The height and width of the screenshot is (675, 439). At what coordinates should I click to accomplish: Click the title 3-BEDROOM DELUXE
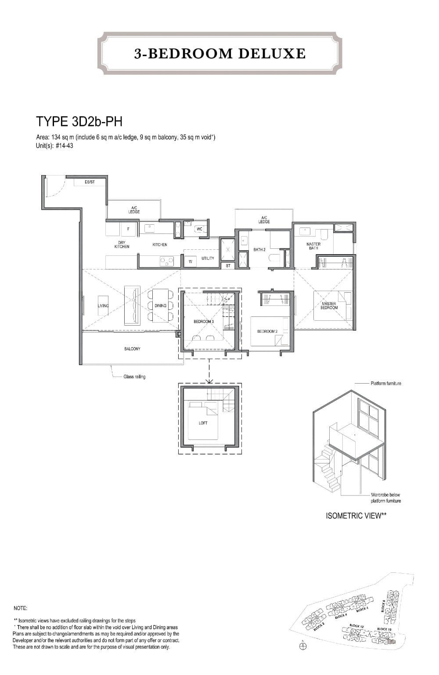(x=220, y=54)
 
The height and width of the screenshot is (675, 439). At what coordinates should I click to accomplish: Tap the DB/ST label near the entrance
(x=90, y=182)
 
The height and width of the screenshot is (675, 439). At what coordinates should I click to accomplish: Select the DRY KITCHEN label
(x=122, y=245)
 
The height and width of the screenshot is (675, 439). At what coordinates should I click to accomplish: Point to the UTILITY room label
(x=208, y=259)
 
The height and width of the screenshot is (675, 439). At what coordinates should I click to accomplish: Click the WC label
(x=199, y=229)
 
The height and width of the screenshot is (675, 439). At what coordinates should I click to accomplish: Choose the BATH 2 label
(x=259, y=250)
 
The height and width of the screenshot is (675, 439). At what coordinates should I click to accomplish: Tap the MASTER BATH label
(x=313, y=246)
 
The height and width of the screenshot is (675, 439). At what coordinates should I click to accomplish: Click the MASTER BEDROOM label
(x=329, y=306)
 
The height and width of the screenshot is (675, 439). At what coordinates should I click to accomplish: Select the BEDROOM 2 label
(x=267, y=331)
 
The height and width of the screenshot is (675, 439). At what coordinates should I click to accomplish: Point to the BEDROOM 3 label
(x=203, y=322)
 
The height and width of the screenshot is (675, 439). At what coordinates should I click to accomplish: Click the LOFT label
(x=203, y=423)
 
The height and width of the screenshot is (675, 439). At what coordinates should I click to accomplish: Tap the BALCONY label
(x=132, y=349)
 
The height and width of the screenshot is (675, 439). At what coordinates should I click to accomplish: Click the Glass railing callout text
(x=134, y=377)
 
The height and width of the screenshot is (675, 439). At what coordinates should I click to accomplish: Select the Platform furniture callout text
(x=386, y=383)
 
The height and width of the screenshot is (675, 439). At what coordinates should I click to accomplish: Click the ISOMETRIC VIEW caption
(x=356, y=516)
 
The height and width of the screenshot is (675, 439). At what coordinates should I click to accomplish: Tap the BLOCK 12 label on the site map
(x=356, y=626)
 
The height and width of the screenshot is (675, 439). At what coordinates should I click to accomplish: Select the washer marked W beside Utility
(x=190, y=261)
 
